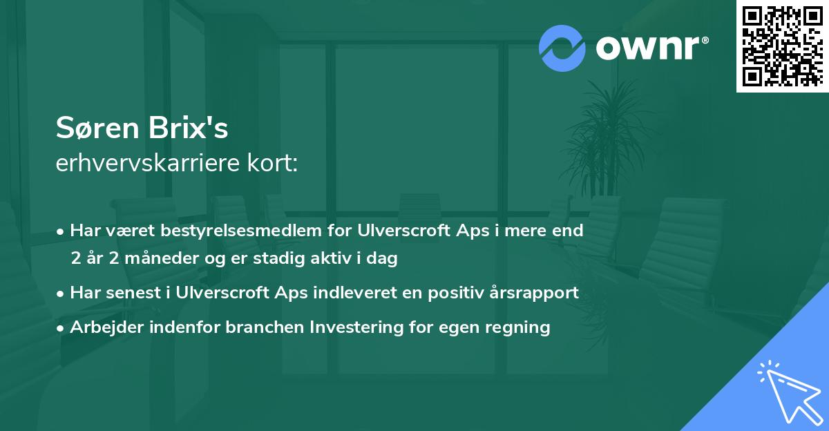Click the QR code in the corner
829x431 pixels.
point(782,46)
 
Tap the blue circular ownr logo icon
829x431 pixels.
point(562,48)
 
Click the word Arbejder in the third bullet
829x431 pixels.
point(102,327)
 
